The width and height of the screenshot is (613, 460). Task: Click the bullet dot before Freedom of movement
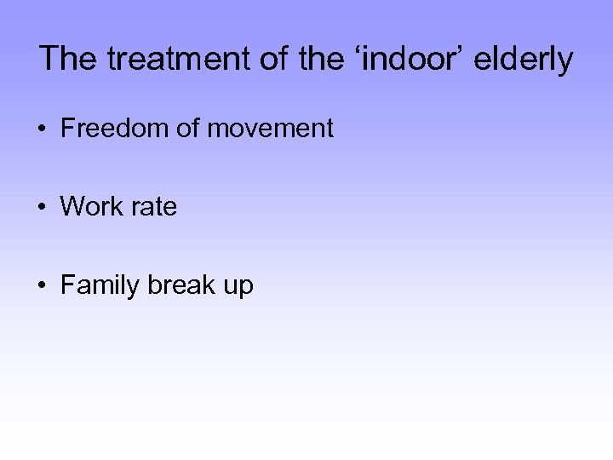click(x=42, y=130)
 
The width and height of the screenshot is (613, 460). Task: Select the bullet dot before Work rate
click(x=42, y=208)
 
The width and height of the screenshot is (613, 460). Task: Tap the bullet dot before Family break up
click(x=42, y=286)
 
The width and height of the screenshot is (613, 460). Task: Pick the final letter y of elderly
click(x=565, y=63)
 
